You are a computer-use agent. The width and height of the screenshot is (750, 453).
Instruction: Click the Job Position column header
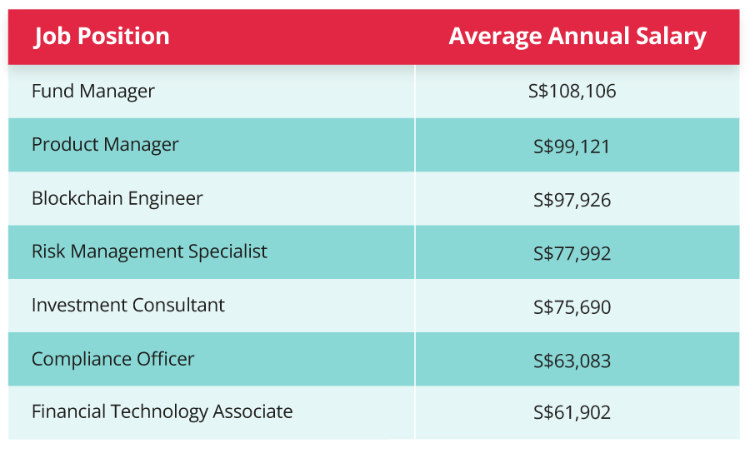tap(102, 37)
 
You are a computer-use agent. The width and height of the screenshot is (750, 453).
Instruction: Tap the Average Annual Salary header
tap(577, 37)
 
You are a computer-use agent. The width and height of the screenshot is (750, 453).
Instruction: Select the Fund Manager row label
tap(92, 91)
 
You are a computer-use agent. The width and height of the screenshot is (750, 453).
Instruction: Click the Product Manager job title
tap(105, 144)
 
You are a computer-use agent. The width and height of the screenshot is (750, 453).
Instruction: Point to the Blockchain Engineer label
tap(117, 198)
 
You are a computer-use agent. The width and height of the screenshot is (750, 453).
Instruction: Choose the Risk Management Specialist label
tap(149, 251)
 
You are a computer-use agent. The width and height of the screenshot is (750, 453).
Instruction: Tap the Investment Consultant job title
tap(127, 305)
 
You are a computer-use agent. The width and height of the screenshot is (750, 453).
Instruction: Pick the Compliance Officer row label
tap(112, 359)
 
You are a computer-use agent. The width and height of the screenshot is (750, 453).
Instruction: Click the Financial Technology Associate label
tap(162, 411)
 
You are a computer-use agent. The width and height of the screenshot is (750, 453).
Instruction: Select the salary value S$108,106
tap(572, 92)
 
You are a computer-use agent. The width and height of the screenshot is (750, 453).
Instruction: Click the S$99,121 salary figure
tap(572, 147)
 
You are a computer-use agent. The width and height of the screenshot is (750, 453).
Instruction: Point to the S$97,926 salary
tap(572, 200)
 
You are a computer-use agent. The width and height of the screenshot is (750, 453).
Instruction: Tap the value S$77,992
tap(572, 253)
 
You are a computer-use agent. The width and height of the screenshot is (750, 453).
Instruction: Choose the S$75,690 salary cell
tap(572, 307)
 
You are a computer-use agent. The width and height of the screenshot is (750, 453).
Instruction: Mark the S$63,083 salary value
tap(572, 361)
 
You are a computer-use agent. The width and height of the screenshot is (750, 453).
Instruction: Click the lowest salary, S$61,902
tap(572, 413)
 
